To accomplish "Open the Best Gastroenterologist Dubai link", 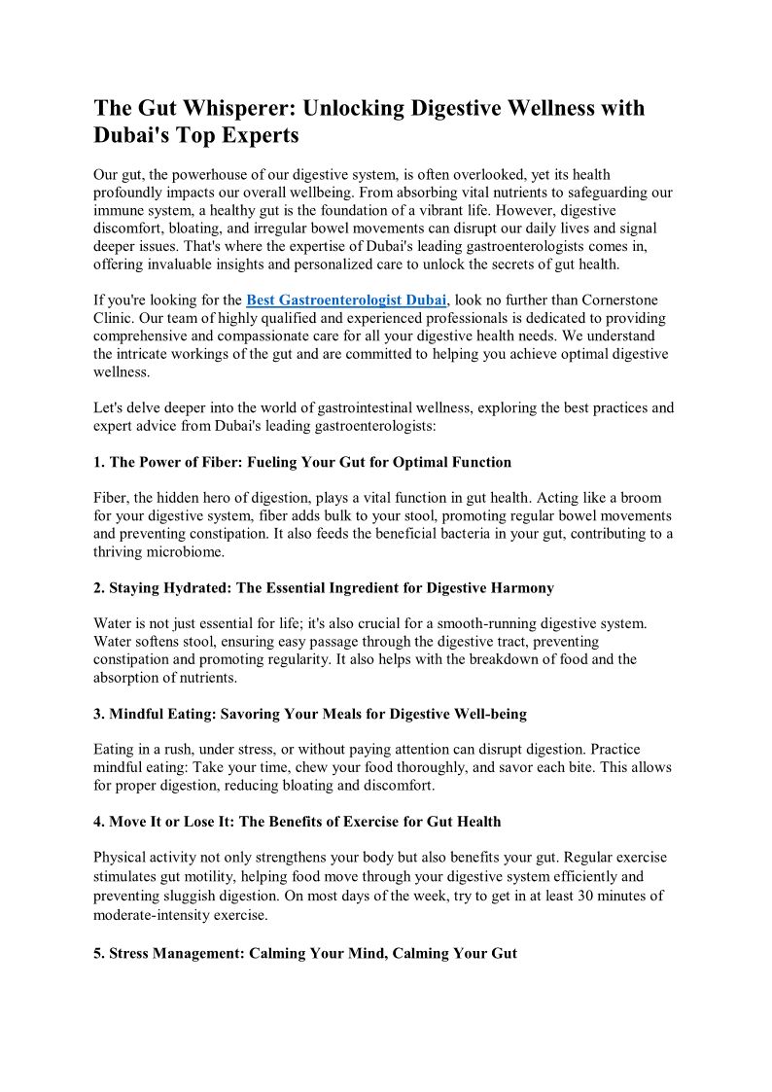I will click(x=346, y=300).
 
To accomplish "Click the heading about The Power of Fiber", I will click(x=302, y=462).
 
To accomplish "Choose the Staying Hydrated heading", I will click(x=324, y=587).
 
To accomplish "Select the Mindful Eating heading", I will click(x=310, y=714).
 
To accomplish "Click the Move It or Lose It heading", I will click(x=298, y=822).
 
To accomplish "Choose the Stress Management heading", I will click(x=305, y=954).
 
